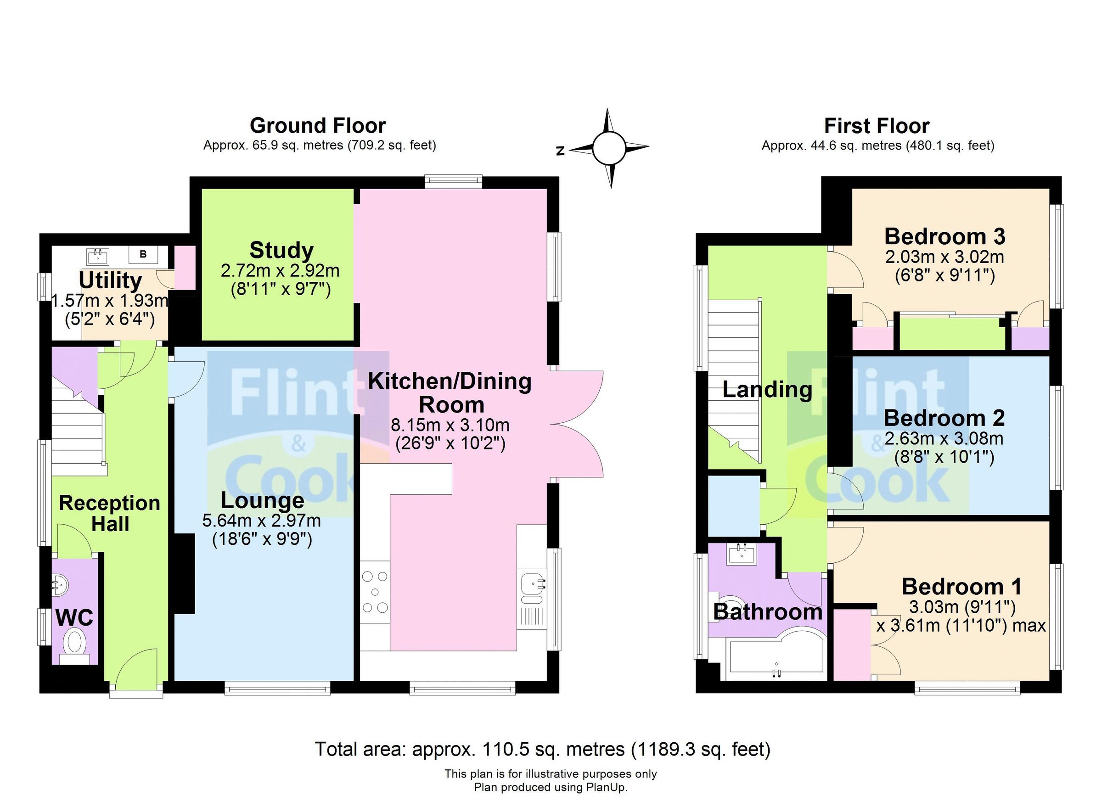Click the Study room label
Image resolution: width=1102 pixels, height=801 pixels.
click(x=281, y=251)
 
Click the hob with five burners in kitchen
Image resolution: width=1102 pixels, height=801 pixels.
click(x=375, y=592)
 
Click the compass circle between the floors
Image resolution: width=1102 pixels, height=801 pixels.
click(x=608, y=148)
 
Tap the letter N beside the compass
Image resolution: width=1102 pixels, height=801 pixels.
click(x=560, y=151)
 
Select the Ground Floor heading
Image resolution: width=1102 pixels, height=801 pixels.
click(x=318, y=126)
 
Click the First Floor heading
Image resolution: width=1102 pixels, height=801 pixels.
click(x=877, y=126)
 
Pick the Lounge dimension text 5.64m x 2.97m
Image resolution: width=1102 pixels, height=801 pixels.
click(x=261, y=521)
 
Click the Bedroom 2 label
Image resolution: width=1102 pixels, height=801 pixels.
click(x=944, y=418)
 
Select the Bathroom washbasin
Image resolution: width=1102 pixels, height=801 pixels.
click(x=742, y=554)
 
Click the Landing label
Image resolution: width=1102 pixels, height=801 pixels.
click(x=767, y=390)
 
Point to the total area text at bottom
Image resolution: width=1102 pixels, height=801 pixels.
click(x=542, y=749)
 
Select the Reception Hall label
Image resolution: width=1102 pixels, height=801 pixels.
click(x=110, y=514)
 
